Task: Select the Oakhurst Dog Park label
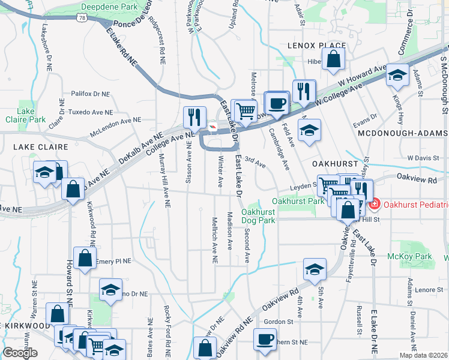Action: click(258, 216)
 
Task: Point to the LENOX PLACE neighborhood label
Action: click(316, 46)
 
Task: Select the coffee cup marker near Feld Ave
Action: click(277, 103)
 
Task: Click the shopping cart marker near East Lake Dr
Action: click(245, 110)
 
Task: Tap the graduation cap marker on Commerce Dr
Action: click(396, 75)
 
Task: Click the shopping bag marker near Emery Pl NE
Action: click(85, 259)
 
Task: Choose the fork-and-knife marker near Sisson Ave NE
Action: click(194, 116)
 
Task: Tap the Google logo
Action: click(20, 353)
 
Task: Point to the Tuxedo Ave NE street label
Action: click(91, 112)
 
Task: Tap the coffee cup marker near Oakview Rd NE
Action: click(265, 340)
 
